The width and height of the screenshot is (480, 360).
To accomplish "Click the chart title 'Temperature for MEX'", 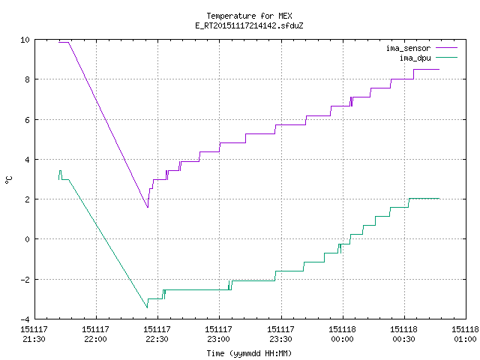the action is [249, 16].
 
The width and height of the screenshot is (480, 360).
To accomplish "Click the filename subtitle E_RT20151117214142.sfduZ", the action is [249, 25].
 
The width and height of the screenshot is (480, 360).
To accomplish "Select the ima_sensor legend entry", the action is [421, 48].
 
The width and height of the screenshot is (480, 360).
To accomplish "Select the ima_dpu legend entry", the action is [428, 58].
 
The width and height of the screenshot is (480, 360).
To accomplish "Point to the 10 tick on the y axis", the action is [25, 40].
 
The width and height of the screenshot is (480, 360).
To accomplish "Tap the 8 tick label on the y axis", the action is [27, 79].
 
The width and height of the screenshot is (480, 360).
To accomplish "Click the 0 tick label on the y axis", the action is [27, 239].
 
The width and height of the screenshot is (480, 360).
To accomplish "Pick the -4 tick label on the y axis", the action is [25, 319].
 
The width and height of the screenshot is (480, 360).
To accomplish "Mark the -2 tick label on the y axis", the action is [25, 279].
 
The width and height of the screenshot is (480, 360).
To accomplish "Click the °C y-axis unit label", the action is [8, 180].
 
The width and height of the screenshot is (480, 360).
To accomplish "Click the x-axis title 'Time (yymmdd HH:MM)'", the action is [249, 353].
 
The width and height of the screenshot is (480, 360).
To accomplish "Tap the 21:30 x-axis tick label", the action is [34, 339].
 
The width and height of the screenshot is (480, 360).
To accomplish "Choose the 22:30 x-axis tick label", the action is [157, 339].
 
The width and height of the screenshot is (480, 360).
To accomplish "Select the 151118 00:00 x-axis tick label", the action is [342, 334].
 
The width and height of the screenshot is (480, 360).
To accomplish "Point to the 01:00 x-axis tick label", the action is [465, 339].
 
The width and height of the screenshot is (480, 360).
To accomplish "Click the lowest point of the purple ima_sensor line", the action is [148, 208].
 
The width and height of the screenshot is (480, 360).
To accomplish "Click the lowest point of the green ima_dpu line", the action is [147, 307].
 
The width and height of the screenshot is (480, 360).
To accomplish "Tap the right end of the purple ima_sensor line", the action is [439, 70].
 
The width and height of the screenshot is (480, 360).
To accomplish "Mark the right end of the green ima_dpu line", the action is [439, 198].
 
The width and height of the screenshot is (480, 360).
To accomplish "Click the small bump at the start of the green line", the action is [60, 171].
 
